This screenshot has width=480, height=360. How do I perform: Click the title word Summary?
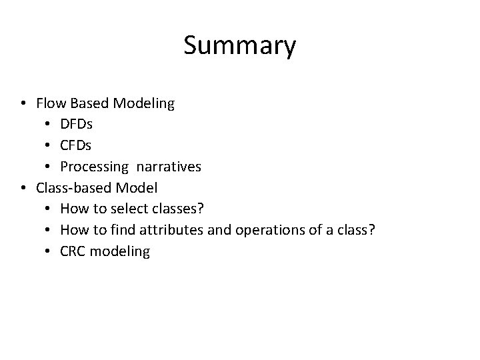pyautogui.click(x=239, y=46)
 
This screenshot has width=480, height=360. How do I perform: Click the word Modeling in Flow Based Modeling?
pyautogui.click(x=144, y=104)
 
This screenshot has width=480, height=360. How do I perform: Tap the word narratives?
pyautogui.click(x=171, y=166)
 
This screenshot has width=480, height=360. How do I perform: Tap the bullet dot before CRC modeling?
pyautogui.click(x=49, y=251)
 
